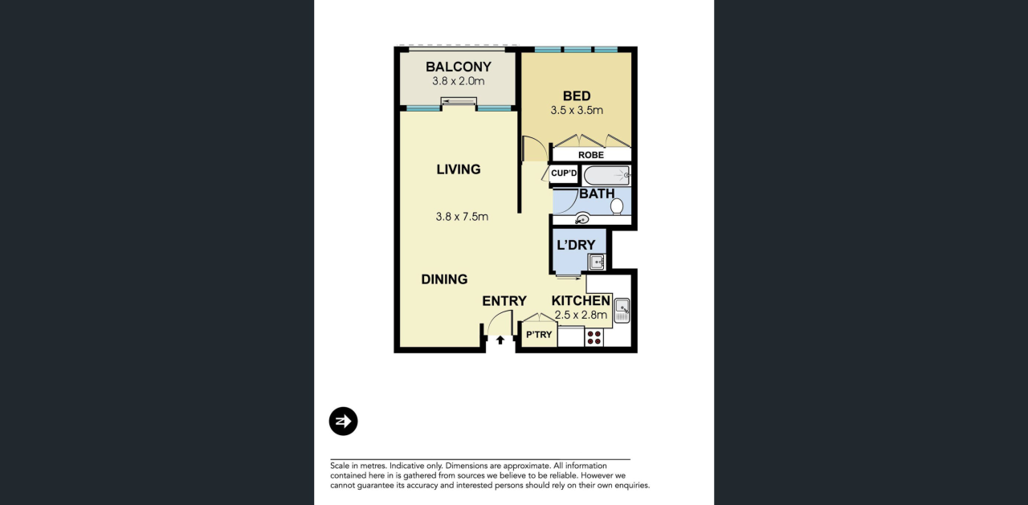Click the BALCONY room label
459,67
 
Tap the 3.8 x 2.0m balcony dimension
459,81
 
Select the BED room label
577,96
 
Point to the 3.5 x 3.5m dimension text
577,110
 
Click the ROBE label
591,155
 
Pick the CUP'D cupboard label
564,173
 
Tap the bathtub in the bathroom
606,176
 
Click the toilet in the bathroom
617,206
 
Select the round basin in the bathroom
582,219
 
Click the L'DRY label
576,245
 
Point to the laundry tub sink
597,262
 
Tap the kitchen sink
622,311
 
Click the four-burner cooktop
594,337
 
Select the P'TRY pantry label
539,335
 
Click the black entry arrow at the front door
500,340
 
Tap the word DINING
444,279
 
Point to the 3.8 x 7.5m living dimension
462,217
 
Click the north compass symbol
343,421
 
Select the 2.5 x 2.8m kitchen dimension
581,315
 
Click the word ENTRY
504,301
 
